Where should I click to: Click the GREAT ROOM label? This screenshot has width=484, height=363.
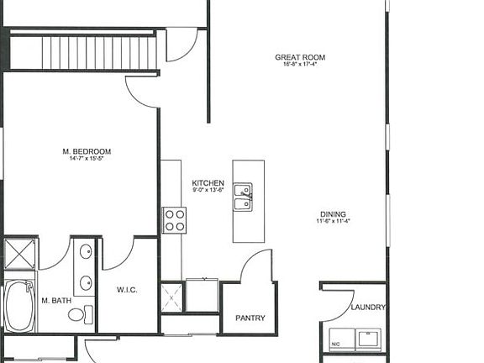point(299,58)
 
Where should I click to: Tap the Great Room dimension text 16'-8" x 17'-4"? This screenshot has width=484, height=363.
point(299,66)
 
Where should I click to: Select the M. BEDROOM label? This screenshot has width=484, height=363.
point(87,152)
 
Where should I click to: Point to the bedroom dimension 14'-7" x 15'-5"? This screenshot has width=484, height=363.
point(87,160)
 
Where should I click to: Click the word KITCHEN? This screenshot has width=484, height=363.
point(208,183)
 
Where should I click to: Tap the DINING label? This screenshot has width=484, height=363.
point(333,214)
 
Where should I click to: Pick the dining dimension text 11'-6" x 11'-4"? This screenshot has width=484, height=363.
point(333,222)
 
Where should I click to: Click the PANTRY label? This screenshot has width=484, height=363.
point(250,318)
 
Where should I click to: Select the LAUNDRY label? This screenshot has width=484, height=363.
point(367,308)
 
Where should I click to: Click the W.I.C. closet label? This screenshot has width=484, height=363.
point(127,291)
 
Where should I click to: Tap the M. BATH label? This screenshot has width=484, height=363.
point(55,301)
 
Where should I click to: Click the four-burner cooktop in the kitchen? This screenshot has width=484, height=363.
point(174,220)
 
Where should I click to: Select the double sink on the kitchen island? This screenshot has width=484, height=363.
point(243,197)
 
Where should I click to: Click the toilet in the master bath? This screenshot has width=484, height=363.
point(78,315)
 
